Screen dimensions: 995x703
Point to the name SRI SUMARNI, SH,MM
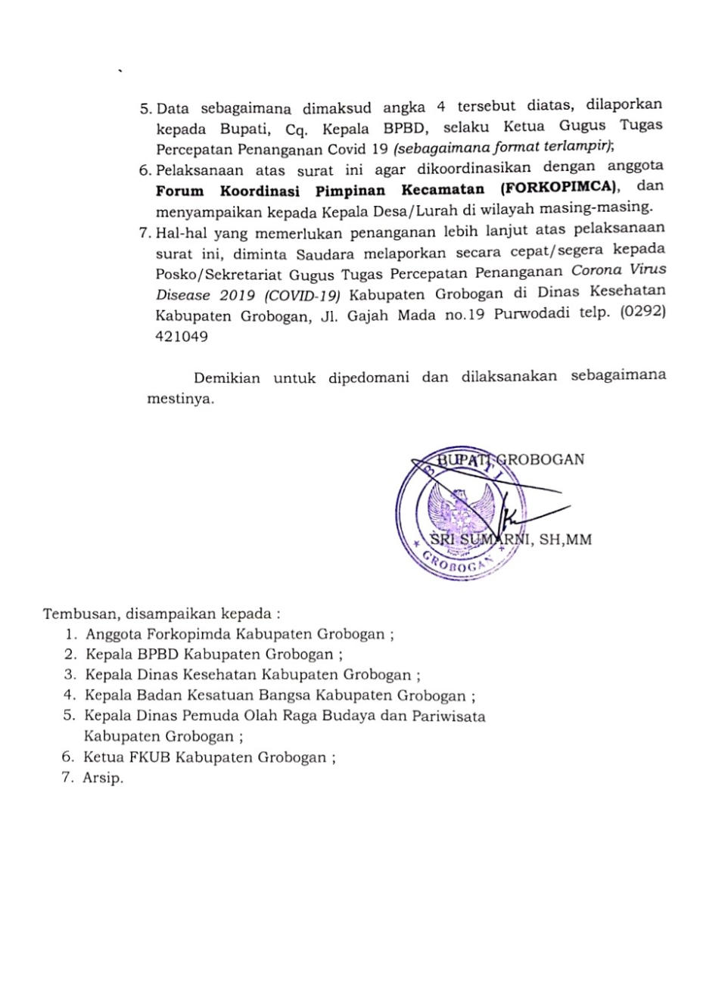(x=511, y=539)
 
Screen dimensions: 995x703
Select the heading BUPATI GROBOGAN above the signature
(x=496, y=459)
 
